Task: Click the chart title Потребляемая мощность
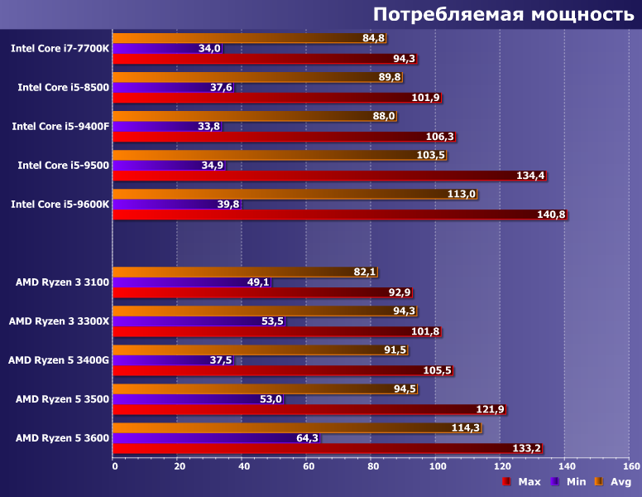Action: pyautogui.click(x=503, y=14)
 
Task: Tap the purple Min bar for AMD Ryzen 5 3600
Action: pyautogui.click(x=207, y=438)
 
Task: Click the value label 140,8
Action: pyautogui.click(x=551, y=215)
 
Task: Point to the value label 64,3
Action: pyautogui.click(x=306, y=438)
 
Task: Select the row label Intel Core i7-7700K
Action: pyautogui.click(x=60, y=48)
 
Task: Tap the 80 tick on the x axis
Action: pyautogui.click(x=371, y=466)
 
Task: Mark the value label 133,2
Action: pyautogui.click(x=527, y=449)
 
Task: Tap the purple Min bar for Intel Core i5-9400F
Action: pyautogui.click(x=161, y=127)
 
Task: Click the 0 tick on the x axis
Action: pyautogui.click(x=114, y=466)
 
